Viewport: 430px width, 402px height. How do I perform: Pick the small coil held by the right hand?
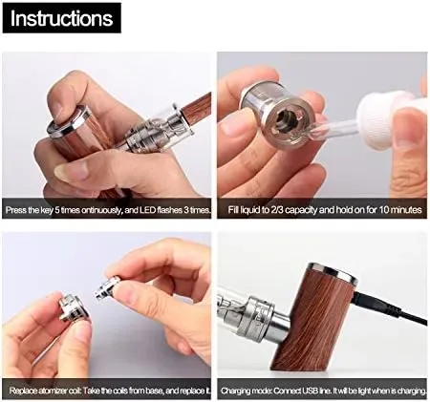(108, 287)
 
